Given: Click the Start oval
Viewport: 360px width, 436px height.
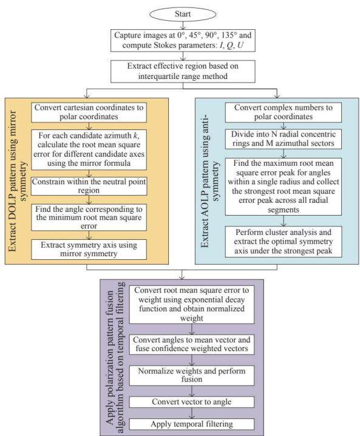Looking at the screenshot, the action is coord(183,14).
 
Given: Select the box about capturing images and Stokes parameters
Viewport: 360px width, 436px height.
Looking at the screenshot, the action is coord(183,40).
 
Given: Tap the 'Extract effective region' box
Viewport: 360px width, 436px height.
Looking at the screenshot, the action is coord(183,71).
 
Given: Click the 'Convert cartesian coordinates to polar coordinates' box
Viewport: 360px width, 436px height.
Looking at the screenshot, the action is coord(89,112).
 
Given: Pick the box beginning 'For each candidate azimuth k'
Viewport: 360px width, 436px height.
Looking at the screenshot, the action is coord(89,149).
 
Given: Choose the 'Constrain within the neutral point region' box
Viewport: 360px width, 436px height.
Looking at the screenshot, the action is coord(89,186).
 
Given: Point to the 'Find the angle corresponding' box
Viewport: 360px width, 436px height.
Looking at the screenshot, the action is coord(89,217).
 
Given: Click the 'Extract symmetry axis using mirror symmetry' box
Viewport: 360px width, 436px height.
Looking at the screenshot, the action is coord(89,250).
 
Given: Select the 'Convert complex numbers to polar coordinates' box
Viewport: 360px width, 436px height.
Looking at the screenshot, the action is coord(284,112).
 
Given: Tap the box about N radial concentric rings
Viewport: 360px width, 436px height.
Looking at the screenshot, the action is coord(284,138).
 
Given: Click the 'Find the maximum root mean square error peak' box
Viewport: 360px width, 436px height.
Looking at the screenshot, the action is coord(284,186).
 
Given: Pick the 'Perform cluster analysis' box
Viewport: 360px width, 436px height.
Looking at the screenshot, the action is coord(284,242).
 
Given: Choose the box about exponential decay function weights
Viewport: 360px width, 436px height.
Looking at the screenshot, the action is coord(192,304).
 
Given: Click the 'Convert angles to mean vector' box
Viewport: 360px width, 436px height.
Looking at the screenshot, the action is coord(192,344).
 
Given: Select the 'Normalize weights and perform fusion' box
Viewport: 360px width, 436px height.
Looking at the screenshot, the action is coord(192,375).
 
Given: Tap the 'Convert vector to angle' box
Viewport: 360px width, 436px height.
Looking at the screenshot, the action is coord(192,402).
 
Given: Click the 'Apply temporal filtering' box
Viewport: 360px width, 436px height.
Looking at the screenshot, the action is coord(192,424).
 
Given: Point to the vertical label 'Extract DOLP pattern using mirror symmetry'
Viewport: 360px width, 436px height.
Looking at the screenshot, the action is coord(17,181).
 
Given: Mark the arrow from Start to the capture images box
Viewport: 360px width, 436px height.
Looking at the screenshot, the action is coord(183,26).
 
